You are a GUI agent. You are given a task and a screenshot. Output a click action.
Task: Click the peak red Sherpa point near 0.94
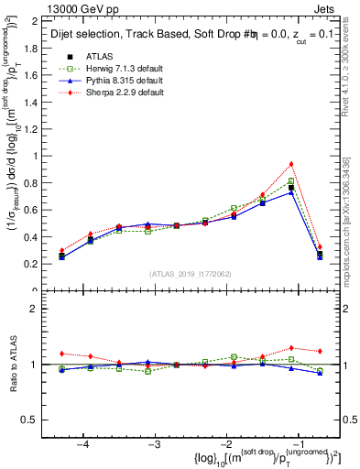click(291, 164)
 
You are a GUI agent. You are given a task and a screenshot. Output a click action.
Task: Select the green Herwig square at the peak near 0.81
click(291, 181)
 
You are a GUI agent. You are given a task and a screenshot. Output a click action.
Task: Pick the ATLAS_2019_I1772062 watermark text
click(191, 275)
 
